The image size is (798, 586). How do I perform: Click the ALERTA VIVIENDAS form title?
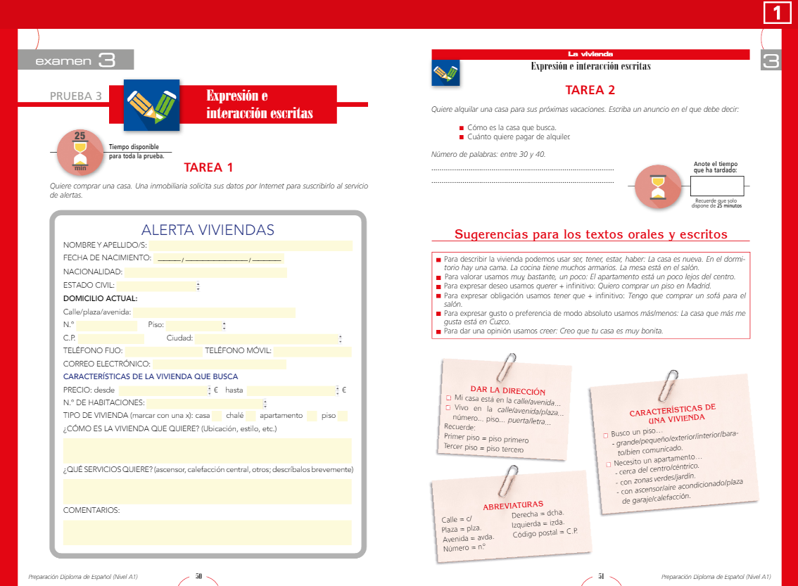208,230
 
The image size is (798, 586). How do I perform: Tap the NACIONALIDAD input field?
205,272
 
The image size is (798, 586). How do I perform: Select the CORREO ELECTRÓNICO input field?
220,364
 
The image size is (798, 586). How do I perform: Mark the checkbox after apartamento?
312,416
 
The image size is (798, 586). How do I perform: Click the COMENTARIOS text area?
207,533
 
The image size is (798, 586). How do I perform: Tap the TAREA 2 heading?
590,90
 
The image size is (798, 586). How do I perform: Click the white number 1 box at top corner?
777,13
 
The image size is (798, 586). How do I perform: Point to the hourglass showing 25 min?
80,152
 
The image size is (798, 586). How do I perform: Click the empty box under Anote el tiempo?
716,186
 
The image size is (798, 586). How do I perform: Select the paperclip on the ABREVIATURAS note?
504,479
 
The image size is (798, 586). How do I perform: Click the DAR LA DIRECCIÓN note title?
507,390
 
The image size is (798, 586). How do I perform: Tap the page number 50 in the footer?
198,576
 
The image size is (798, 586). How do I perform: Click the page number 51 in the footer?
601,576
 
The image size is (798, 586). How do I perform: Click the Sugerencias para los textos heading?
590,235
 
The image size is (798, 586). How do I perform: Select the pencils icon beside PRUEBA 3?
151,105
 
